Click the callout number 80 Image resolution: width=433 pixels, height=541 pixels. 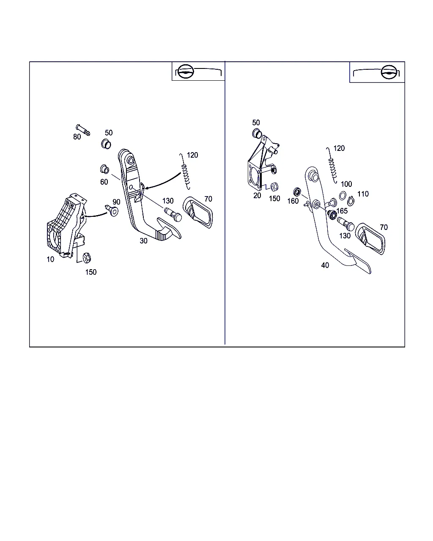77,137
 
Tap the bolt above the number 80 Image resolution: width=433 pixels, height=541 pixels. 83,130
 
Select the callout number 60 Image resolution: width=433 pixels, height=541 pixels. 104,182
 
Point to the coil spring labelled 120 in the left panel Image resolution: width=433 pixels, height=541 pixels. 185,172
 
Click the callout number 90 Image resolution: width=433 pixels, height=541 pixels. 116,202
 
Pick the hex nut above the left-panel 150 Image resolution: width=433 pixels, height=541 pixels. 87,258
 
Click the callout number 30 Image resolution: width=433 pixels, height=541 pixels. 143,241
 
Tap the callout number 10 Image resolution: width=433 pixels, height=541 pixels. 50,260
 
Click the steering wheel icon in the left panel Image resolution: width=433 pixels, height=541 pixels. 186,71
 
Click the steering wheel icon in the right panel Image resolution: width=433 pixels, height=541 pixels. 389,72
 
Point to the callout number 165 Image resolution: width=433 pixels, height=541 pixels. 342,211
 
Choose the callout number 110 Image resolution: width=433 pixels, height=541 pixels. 363,194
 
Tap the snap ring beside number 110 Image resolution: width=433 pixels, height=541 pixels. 351,201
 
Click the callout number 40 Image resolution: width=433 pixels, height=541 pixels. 325,265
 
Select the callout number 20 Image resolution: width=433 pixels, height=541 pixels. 257,196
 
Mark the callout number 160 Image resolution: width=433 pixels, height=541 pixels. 293,201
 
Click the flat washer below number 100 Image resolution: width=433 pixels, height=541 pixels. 343,196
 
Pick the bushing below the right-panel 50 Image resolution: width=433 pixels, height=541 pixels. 257,133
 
